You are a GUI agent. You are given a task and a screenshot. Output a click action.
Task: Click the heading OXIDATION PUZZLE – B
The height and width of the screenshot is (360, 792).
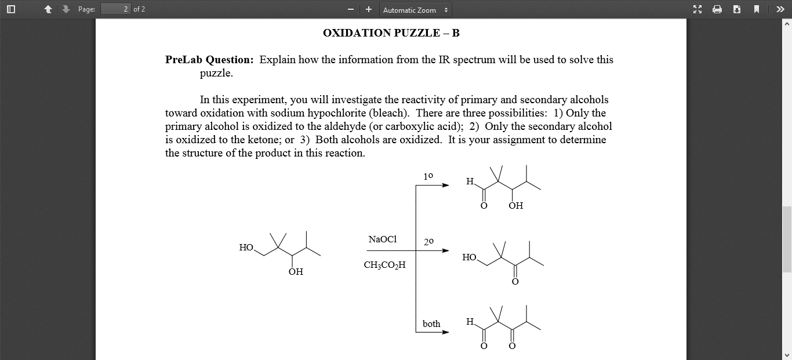391,33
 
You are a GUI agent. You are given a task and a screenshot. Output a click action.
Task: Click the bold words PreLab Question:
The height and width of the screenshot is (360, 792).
209,60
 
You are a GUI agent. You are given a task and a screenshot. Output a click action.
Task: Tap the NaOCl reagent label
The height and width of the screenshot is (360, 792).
383,239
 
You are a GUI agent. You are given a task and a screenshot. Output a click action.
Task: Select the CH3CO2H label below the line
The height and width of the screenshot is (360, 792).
384,265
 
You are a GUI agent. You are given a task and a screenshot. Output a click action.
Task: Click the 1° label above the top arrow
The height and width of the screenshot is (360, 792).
428,176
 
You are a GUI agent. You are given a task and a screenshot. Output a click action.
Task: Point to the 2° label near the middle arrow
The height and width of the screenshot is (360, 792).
428,242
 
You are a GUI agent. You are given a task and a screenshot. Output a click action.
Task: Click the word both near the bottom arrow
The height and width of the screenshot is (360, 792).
431,324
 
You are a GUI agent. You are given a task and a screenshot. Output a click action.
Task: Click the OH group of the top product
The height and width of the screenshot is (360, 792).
515,206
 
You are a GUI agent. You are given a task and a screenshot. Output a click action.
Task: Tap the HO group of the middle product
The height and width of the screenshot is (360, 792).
469,257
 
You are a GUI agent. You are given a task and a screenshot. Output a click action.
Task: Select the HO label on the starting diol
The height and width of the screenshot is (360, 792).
246,248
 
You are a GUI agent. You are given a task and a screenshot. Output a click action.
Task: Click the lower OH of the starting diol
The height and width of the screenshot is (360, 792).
296,272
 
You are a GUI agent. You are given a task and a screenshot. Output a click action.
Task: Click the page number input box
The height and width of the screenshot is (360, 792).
115,9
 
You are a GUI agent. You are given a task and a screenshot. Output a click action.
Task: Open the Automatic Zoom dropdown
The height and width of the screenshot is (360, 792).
415,10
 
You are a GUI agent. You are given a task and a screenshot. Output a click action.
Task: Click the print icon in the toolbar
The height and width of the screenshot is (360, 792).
717,9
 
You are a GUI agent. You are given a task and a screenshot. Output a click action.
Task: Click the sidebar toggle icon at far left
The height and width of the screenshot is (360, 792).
10,9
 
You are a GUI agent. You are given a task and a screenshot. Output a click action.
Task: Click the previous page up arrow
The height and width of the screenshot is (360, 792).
49,9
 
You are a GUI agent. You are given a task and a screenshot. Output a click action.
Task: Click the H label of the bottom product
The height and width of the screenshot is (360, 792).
470,322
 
